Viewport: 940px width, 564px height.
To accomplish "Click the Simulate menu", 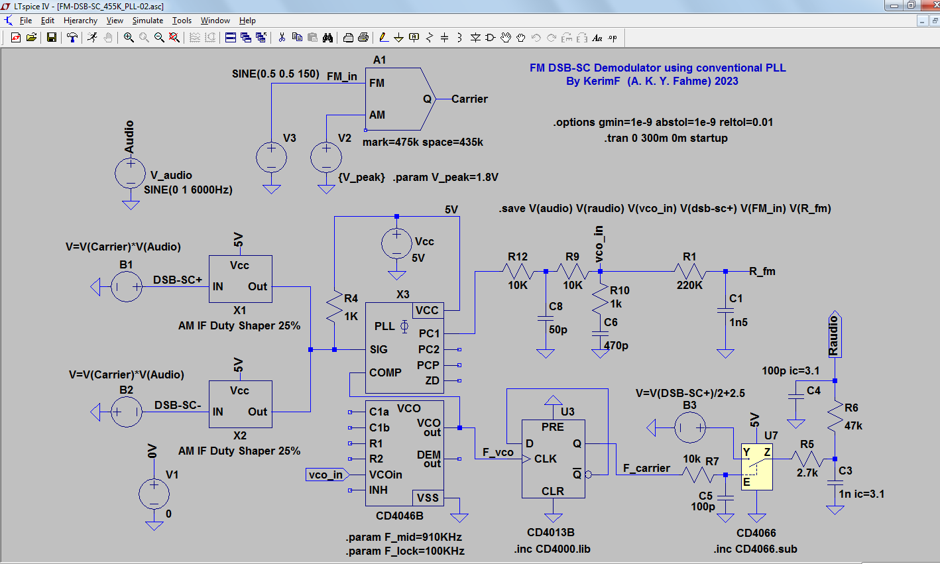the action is [147, 20].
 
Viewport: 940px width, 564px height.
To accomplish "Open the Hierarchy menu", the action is [80, 20].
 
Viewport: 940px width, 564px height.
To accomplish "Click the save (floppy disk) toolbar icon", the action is [51, 37].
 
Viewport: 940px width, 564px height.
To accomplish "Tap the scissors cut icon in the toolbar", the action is [282, 37].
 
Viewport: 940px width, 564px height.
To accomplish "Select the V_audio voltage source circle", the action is [131, 173].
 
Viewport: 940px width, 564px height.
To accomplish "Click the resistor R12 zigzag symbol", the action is [518, 272].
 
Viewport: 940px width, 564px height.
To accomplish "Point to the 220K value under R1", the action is [689, 286].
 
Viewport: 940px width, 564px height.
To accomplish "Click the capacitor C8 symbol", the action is [546, 319].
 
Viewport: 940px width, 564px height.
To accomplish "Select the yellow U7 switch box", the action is [756, 467].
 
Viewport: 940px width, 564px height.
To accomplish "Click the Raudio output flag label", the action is [834, 335].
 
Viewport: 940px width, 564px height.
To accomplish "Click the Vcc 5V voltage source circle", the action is [396, 243].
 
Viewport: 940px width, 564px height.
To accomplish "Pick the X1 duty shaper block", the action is [241, 278].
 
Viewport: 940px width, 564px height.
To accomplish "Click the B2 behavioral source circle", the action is [127, 412].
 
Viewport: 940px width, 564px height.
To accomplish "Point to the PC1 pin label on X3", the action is [429, 333].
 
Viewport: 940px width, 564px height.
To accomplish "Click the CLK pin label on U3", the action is [545, 459].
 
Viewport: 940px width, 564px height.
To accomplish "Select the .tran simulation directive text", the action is [666, 138].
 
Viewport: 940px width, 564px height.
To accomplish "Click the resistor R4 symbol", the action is [335, 308].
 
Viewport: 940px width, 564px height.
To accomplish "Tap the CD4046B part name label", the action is [400, 516].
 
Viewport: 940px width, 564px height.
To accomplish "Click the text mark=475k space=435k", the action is [422, 142].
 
